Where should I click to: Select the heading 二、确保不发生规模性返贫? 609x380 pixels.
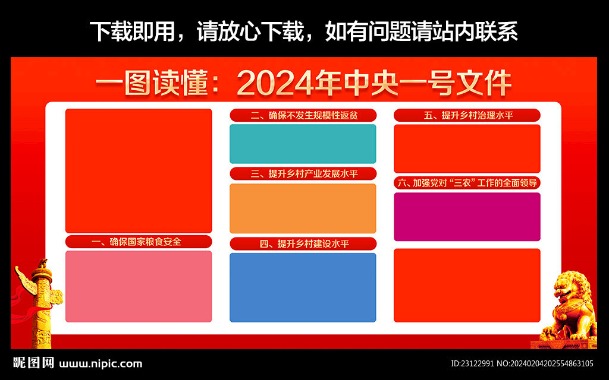pos(303,115)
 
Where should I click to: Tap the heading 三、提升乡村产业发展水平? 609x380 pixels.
pos(303,174)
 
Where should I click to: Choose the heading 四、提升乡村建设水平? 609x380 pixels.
pos(303,244)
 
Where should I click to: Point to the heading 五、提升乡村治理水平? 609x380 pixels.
pos(467,115)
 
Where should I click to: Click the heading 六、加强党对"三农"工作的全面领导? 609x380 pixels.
pos(467,183)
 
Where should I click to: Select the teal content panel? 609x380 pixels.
pos(303,144)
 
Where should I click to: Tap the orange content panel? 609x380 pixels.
pos(303,208)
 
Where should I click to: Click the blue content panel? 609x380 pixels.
pos(303,287)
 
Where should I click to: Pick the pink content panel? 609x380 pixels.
pos(139,286)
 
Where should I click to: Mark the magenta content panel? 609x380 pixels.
pos(467,217)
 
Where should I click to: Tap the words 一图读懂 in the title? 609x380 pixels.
pos(152,83)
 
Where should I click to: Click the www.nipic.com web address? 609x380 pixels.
pos(101,364)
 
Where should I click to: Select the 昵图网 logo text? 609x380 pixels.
pos(33,363)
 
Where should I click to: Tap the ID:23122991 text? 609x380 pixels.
pos(473,364)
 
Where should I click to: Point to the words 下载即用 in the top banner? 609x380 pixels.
pos(133,31)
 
